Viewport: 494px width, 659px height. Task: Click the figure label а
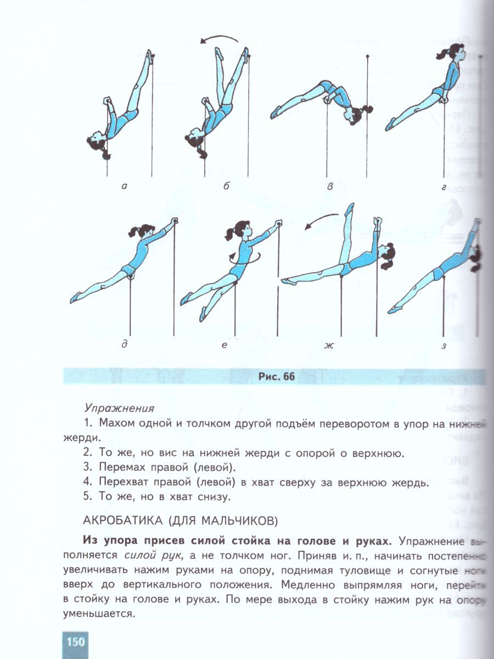[x=125, y=186]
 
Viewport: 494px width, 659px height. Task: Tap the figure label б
[x=226, y=186]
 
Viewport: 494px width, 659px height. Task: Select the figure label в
[x=330, y=187]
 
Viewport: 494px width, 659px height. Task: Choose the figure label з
[x=444, y=345]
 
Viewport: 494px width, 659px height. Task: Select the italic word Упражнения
[x=120, y=408]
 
